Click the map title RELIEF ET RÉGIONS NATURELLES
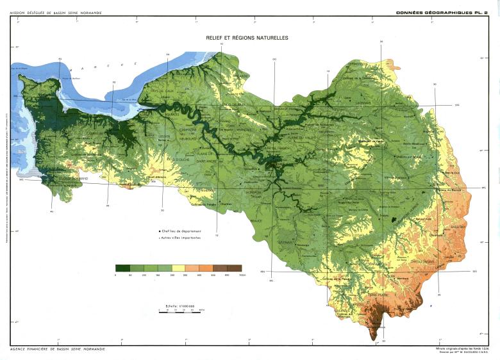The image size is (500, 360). [247, 38]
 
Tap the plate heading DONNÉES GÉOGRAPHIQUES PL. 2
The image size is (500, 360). [442, 12]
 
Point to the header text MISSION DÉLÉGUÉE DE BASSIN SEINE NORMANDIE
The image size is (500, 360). [56, 13]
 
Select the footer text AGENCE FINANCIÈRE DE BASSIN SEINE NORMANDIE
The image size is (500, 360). [58, 349]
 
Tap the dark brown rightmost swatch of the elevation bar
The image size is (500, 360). [235, 268]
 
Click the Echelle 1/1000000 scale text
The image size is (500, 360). [179, 305]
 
